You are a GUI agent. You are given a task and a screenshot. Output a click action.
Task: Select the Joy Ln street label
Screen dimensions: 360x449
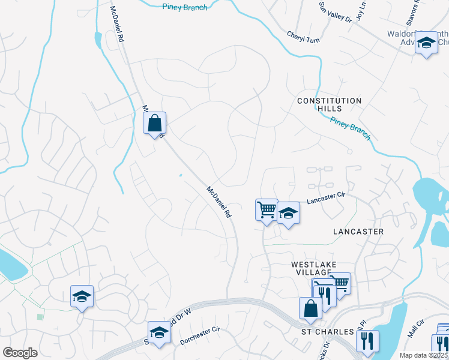(361, 11)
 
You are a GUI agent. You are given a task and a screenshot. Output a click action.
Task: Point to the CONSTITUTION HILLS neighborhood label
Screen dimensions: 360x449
(330, 104)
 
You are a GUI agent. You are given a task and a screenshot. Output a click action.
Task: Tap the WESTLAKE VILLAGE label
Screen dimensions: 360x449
(314, 268)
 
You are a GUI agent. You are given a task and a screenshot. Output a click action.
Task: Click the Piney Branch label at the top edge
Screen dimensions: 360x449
(185, 7)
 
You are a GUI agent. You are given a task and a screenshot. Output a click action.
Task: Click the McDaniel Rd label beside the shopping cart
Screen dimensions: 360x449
(218, 202)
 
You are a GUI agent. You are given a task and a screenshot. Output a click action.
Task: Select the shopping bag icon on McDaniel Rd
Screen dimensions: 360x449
(154, 123)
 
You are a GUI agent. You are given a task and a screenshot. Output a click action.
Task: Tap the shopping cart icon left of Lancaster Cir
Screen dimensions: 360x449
(267, 210)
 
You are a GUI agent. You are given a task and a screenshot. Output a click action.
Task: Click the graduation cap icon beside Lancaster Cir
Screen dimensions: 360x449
(288, 213)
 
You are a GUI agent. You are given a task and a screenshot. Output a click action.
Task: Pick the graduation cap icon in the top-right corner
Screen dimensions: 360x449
(427, 43)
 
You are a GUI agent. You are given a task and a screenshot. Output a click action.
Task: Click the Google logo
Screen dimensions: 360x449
(20, 352)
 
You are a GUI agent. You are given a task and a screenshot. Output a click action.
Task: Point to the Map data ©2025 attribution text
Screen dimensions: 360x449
(424, 355)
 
